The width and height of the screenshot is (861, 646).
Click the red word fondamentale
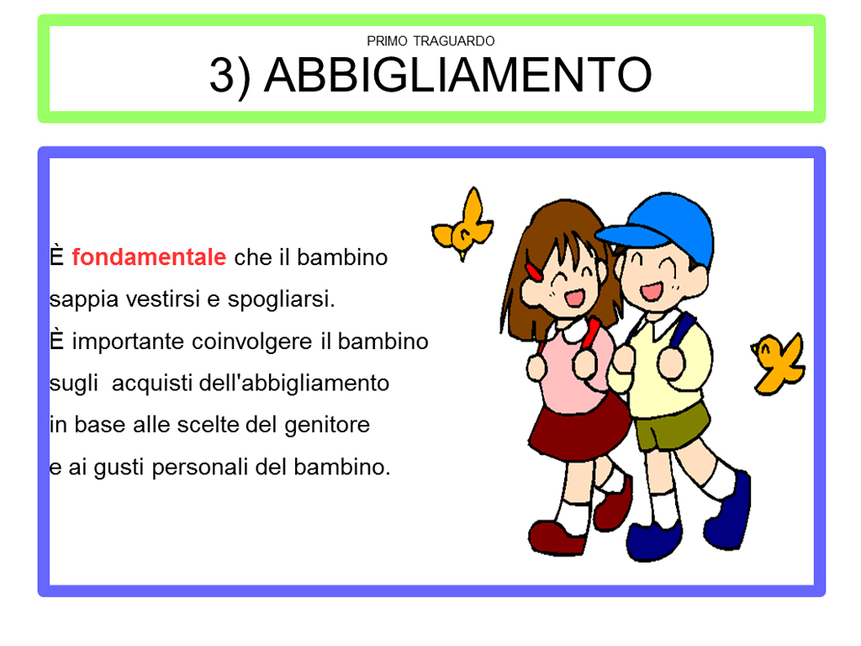tap(149, 257)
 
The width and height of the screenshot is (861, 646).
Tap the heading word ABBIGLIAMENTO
tap(458, 75)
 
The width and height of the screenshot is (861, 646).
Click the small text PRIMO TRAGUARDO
tap(430, 41)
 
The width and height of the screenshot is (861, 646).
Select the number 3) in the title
tap(230, 77)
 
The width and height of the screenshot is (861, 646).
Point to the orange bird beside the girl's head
tap(463, 225)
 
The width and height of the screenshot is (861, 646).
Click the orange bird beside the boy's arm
tap(778, 363)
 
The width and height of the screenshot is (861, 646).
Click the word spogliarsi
tap(281, 300)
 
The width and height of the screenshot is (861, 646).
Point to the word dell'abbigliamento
tap(294, 384)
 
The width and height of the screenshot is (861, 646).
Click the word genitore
tap(327, 425)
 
